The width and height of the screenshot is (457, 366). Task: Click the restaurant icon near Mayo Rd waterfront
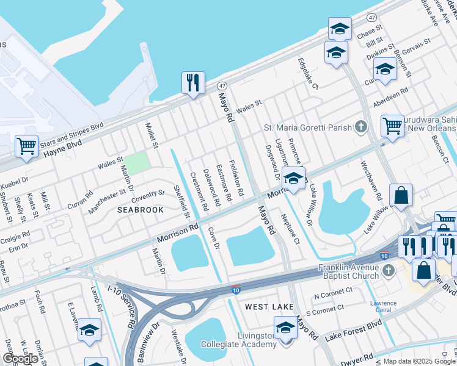194,82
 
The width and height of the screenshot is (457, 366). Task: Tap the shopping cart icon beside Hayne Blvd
26,146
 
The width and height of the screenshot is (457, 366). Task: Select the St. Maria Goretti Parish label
308,127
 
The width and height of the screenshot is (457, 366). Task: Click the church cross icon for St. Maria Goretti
361,127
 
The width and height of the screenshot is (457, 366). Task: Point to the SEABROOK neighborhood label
141,209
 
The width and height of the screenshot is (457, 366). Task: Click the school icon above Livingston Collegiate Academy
285,328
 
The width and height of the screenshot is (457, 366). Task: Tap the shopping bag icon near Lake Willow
401,196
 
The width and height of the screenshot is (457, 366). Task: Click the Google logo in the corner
20,358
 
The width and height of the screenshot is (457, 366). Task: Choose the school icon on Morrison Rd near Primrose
294,179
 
